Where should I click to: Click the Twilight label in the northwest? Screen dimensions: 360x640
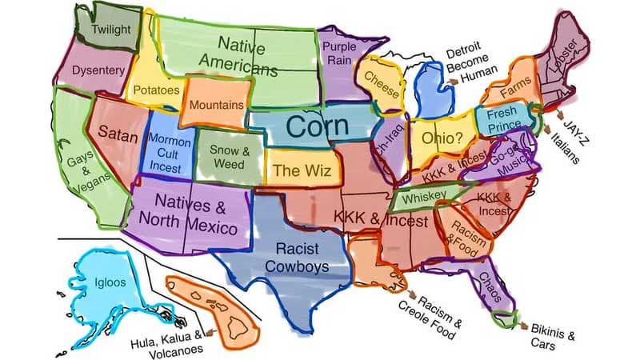(111, 30)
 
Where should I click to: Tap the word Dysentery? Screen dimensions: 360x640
(98, 70)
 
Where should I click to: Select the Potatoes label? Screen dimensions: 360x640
(155, 90)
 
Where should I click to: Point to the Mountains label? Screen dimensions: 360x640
(216, 105)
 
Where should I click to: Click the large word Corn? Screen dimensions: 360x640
(318, 126)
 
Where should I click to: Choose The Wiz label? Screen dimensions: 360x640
(297, 170)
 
